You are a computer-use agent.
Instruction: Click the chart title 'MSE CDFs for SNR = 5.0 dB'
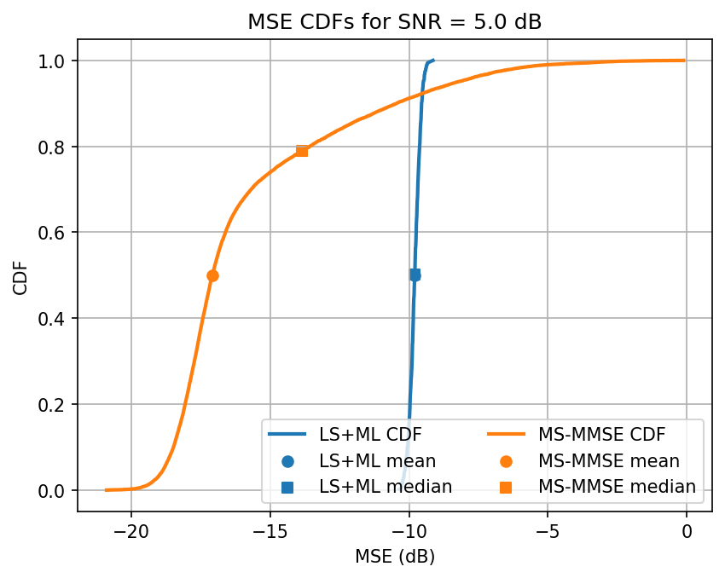(x=394, y=23)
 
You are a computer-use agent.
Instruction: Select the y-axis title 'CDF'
(x=20, y=276)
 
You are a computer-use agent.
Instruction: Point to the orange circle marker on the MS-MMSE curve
(x=212, y=275)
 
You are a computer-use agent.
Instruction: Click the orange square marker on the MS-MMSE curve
(x=301, y=151)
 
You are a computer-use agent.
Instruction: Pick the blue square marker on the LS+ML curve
(x=415, y=275)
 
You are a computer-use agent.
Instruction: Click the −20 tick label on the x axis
(x=130, y=534)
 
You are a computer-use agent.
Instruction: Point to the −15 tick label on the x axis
(x=270, y=534)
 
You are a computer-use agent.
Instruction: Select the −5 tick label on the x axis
(x=548, y=534)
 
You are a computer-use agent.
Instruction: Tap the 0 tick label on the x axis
(x=687, y=534)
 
